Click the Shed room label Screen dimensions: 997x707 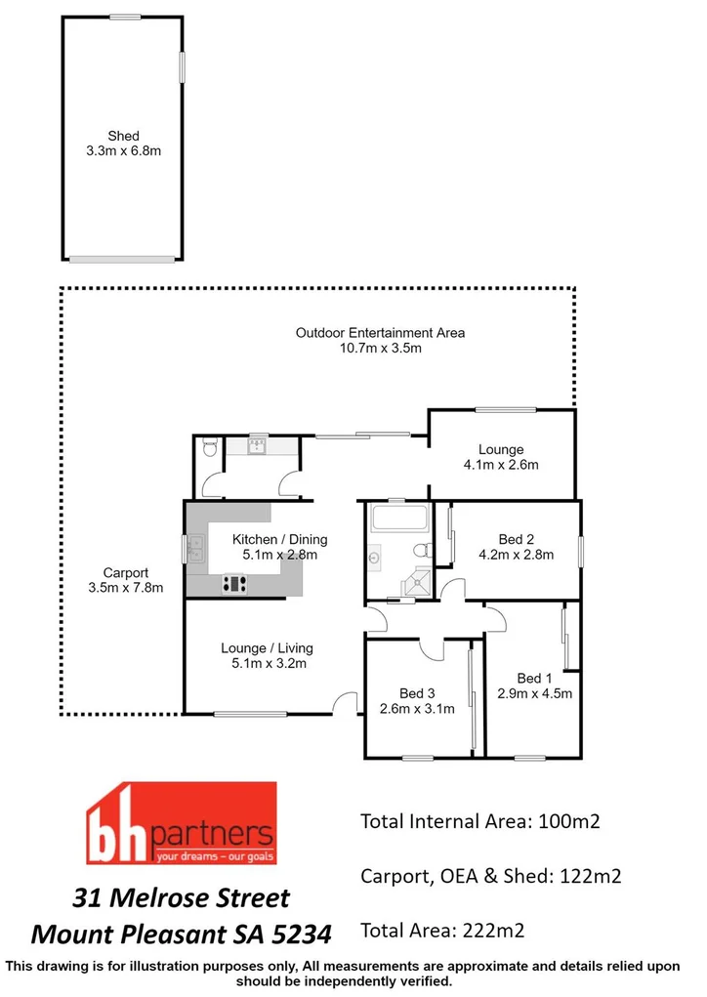tap(124, 136)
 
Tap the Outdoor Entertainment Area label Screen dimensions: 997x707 tap(380, 333)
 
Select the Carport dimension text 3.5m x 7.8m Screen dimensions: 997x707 tap(125, 588)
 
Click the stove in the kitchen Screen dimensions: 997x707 tap(234, 584)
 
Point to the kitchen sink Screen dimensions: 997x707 tap(196, 549)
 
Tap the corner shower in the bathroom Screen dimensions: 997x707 tap(418, 581)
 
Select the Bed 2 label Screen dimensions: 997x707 tap(516, 539)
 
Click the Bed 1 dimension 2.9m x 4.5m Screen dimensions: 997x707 tap(530, 694)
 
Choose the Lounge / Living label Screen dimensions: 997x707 tap(267, 647)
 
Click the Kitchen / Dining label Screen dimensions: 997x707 tap(279, 539)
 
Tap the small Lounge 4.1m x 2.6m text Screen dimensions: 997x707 tap(501, 465)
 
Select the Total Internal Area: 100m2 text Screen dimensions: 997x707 tap(479, 821)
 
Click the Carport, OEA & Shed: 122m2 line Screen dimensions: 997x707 tap(491, 875)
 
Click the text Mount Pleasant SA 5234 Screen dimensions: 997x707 tap(182, 934)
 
